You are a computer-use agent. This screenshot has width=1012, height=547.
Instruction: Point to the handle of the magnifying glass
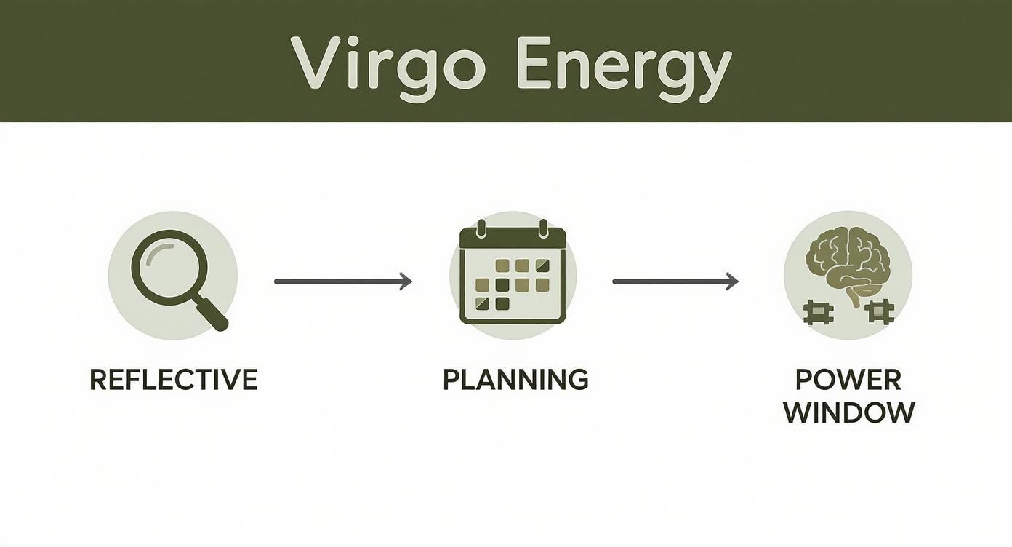[213, 315]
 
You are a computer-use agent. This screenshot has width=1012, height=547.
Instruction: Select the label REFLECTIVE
[173, 380]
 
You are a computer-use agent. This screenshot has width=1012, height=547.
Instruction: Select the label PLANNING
[515, 380]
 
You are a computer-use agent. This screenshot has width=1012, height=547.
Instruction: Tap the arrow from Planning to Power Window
[675, 281]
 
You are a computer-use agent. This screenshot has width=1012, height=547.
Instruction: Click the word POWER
[848, 380]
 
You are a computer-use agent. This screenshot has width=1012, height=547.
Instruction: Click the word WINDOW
[848, 412]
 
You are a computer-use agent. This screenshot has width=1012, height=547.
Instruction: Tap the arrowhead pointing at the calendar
[405, 281]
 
